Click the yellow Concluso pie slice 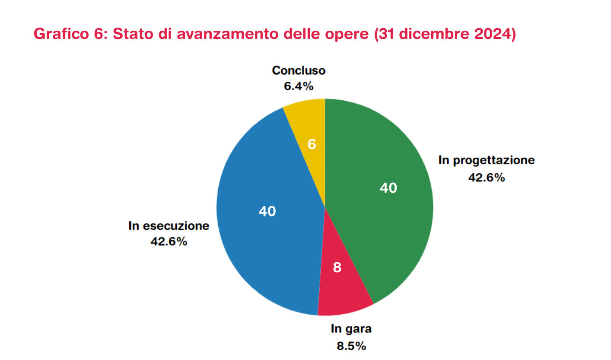click(308, 125)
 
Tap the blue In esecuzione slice click(259, 242)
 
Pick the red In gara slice click(344, 290)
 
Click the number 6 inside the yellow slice click(312, 144)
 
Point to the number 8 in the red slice click(337, 268)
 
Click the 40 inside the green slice click(388, 188)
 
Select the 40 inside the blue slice click(267, 211)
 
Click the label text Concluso click(298, 70)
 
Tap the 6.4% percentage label click(298, 86)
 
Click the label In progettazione click(487, 160)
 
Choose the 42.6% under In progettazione click(487, 177)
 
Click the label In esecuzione click(169, 226)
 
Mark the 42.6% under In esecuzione click(169, 242)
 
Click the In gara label click(351, 329)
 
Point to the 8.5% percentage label click(351, 346)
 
